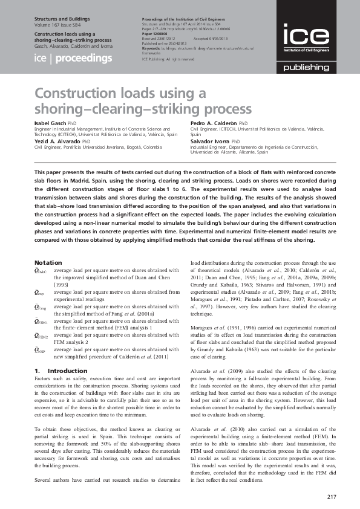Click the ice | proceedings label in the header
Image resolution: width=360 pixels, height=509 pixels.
click(x=73, y=59)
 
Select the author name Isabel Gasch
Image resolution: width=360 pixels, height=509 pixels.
click(x=51, y=122)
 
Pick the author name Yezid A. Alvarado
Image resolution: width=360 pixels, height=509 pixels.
click(x=57, y=140)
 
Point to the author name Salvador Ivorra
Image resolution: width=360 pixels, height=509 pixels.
click(x=210, y=140)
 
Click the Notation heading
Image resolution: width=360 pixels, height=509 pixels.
click(x=48, y=262)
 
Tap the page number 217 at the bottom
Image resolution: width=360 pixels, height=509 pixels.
click(x=331, y=497)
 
